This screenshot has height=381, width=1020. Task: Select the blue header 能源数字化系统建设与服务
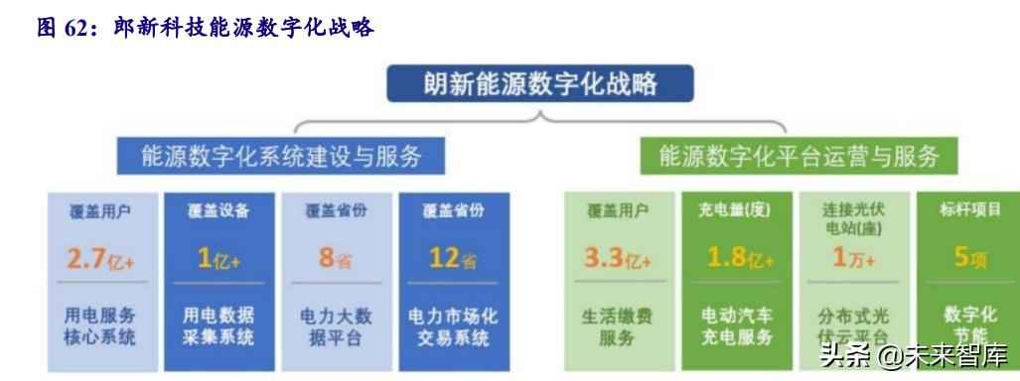coord(280,156)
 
